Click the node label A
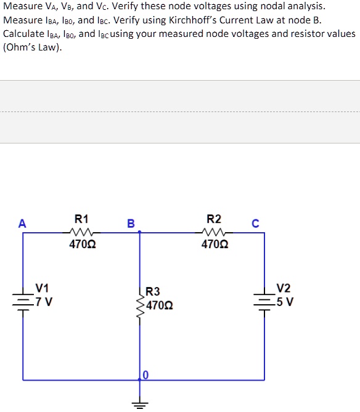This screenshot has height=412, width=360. [22, 224]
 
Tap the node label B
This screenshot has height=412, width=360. [131, 224]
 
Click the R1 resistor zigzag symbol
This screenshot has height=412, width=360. [81, 233]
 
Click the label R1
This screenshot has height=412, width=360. [81, 219]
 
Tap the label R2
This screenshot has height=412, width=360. [214, 219]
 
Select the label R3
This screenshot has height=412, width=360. [153, 291]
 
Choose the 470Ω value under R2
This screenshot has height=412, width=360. [215, 245]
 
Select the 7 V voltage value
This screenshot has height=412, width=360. [44, 302]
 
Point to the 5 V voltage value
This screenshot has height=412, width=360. [285, 302]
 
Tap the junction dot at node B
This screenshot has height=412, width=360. [140, 233]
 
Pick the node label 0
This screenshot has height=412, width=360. [146, 375]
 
